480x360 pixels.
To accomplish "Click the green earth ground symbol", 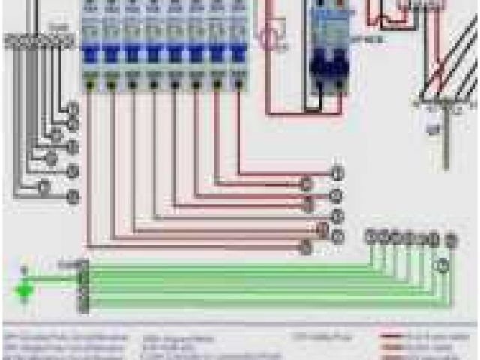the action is pos(25,286).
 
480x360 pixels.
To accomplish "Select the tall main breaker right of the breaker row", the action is pos(327,60).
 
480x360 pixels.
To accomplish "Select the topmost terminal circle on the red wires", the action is pos(337,174).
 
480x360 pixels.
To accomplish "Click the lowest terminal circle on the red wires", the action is pos(305,247).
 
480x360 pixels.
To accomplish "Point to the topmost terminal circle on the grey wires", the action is pos(73,108).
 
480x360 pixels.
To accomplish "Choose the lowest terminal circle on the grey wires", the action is pos(73,197).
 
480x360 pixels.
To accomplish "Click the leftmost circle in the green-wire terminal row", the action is pos(370,238).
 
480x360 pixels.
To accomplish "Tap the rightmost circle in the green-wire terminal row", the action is pos(451,239).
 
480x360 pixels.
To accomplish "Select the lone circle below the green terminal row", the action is pos(442,264).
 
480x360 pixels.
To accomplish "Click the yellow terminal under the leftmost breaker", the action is pos(90,85).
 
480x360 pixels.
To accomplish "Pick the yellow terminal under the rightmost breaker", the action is pos(238,85).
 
